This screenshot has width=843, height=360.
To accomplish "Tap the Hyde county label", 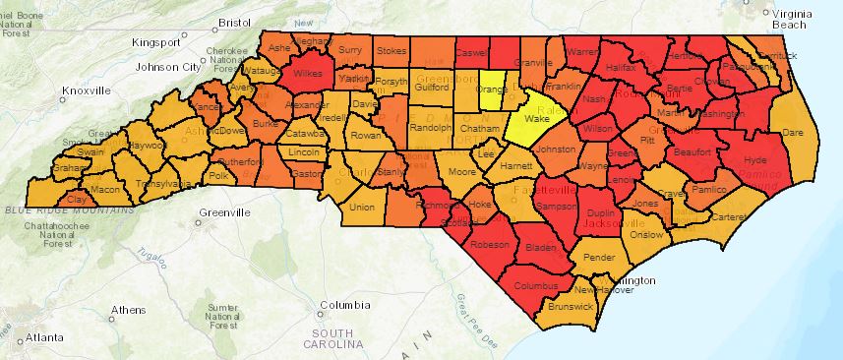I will [756, 159].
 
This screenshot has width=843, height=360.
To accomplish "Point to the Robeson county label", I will [489, 245].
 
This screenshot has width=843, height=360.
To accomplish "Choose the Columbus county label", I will [535, 286].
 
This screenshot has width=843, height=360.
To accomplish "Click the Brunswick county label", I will [572, 307].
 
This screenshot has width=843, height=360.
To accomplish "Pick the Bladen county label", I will [542, 248].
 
